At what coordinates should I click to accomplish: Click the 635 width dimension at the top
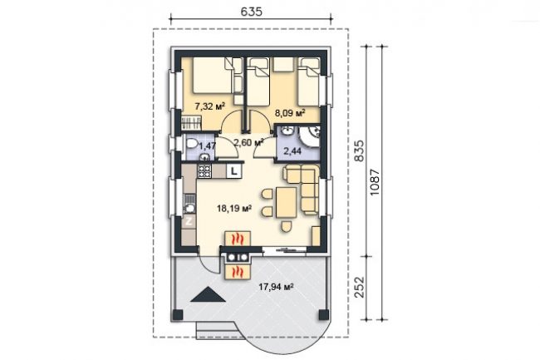251,12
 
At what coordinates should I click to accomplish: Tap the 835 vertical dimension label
359,150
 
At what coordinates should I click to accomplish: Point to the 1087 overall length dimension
374,182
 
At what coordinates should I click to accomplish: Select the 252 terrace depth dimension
359,287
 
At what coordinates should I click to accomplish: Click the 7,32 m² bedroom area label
209,106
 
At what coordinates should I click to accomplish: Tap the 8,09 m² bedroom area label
290,112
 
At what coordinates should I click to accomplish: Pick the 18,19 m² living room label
233,208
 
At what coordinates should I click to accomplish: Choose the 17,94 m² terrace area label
276,287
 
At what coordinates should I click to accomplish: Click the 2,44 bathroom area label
292,150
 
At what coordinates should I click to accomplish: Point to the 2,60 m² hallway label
248,142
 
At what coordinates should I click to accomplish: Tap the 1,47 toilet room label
208,145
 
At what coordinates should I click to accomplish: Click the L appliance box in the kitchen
234,171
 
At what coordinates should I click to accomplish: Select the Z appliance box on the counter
189,221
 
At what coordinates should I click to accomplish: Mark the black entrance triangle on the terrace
208,294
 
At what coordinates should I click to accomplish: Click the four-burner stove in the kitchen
204,171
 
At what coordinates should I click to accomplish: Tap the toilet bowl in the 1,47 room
191,144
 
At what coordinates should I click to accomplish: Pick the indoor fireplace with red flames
238,239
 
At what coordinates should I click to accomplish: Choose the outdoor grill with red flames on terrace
238,272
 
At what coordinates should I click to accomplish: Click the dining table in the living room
286,203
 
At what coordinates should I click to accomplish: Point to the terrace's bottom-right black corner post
324,314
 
